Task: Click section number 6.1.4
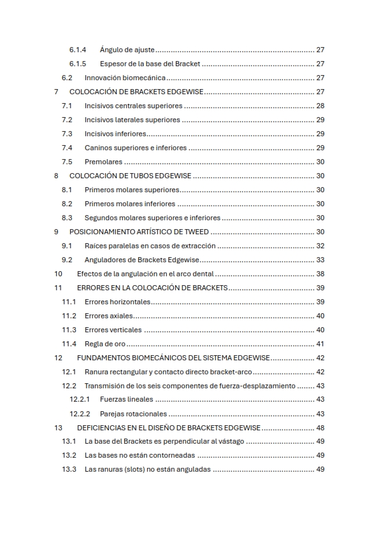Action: [77, 50]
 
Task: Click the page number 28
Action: [320, 106]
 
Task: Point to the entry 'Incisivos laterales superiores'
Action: [132, 120]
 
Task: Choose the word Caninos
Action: [97, 148]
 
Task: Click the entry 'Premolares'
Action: [103, 162]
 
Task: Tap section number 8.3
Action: [67, 218]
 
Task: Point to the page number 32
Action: [320, 246]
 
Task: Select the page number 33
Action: [320, 260]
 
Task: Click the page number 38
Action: [320, 274]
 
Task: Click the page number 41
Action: [320, 344]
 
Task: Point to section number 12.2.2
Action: [80, 414]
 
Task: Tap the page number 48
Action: [320, 428]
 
